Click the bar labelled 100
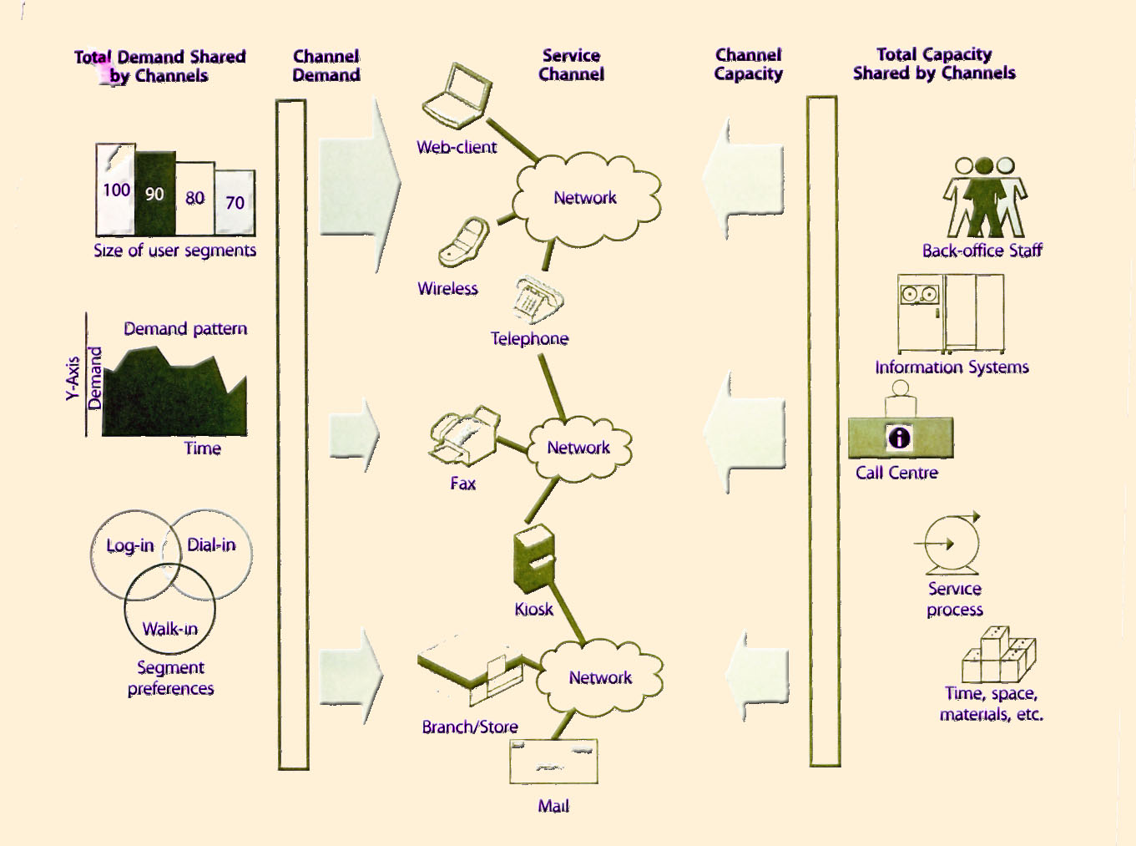115,190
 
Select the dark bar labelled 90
155,194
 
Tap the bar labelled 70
235,202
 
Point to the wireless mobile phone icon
464,243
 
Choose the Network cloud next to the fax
579,448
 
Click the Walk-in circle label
169,629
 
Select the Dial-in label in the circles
211,545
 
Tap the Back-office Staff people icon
985,198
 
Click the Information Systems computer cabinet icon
951,314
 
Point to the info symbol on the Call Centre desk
899,438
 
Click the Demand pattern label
185,329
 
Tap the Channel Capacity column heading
749,65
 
